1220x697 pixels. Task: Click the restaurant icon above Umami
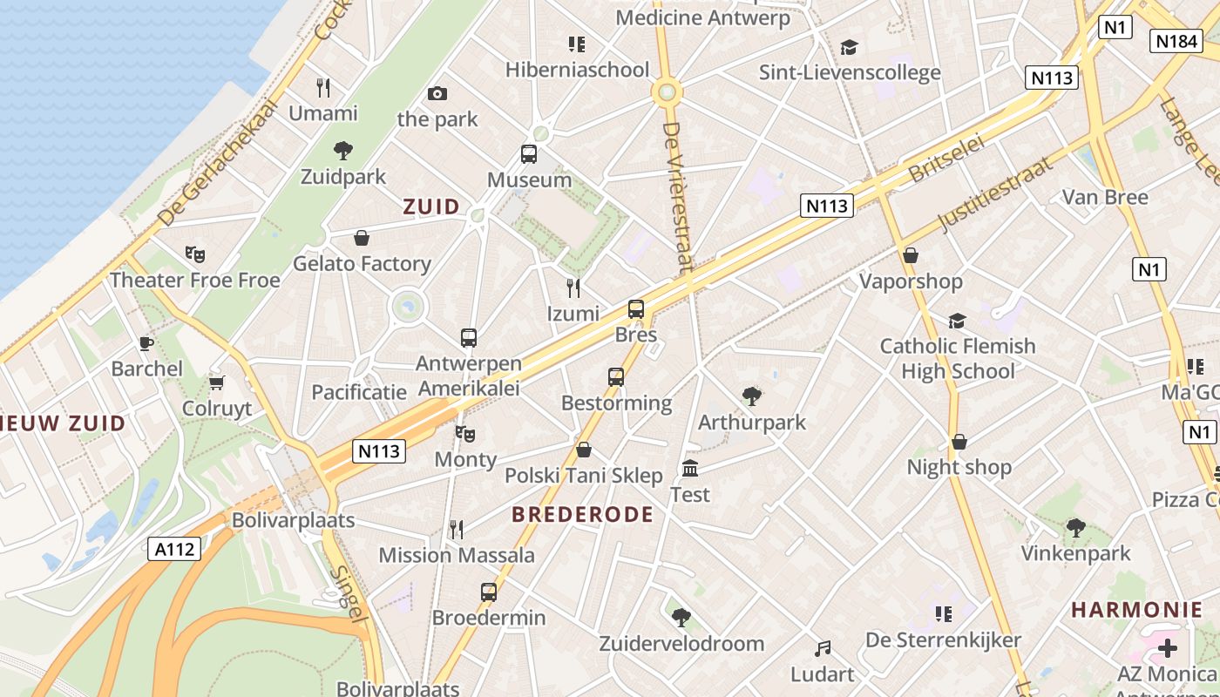click(323, 87)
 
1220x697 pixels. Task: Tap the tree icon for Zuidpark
click(343, 151)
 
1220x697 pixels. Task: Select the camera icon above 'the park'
click(437, 93)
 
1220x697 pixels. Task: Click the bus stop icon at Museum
click(529, 154)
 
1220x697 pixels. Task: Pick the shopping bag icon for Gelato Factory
click(362, 238)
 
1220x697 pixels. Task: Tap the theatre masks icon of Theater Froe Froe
click(195, 254)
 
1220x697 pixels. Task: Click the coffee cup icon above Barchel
click(146, 343)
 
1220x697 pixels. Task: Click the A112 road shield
click(175, 549)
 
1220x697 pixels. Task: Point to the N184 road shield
click(1176, 41)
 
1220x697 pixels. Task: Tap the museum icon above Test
click(690, 469)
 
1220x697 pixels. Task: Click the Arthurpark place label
click(752, 423)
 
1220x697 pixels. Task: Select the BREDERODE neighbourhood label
click(582, 514)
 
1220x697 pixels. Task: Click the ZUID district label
click(431, 206)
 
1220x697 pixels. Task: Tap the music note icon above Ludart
click(823, 649)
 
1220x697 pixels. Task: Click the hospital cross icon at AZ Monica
click(1168, 648)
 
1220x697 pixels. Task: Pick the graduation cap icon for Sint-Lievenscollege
click(849, 47)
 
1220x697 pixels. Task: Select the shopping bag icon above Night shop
click(959, 442)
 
